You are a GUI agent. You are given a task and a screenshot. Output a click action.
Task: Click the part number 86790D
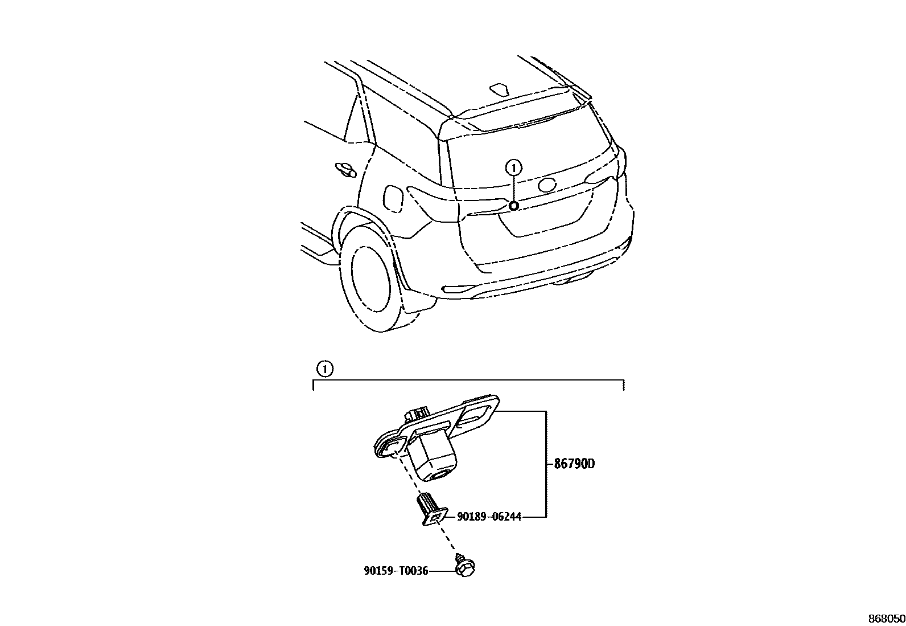coord(574,464)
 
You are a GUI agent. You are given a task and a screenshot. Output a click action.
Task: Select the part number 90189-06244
coord(489,517)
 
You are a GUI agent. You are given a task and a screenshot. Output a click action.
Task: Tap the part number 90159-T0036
coord(396,570)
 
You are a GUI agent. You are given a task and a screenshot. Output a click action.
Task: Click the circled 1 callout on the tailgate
coord(513,167)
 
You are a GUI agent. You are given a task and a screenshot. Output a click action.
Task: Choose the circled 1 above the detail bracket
coord(324,369)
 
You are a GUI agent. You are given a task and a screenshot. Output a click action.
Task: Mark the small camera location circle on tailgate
coord(513,206)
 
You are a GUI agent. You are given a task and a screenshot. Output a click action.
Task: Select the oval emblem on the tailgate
coord(547,184)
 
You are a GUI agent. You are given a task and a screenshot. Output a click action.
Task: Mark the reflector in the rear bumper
coord(458,289)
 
